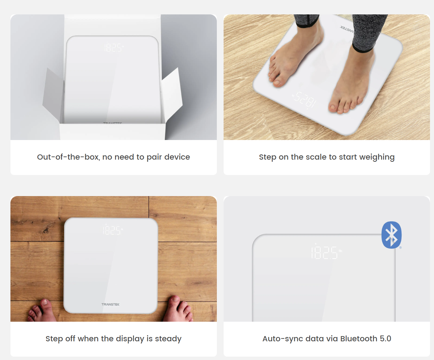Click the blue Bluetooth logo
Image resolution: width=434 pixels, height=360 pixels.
391,235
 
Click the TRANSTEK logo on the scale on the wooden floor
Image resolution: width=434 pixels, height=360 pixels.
110,304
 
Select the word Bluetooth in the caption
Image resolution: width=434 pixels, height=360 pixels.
359,339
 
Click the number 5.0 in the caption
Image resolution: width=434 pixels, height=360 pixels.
385,339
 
